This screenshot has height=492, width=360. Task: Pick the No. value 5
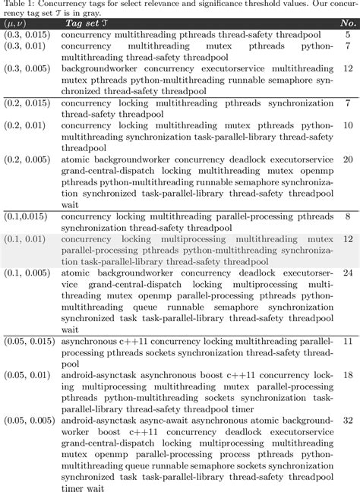(x=347, y=34)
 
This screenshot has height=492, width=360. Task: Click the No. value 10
(x=346, y=125)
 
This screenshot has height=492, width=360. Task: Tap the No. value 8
(x=347, y=217)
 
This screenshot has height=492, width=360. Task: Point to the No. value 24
(x=346, y=272)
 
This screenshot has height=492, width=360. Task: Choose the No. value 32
(x=346, y=419)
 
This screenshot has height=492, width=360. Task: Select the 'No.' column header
(x=346, y=23)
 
